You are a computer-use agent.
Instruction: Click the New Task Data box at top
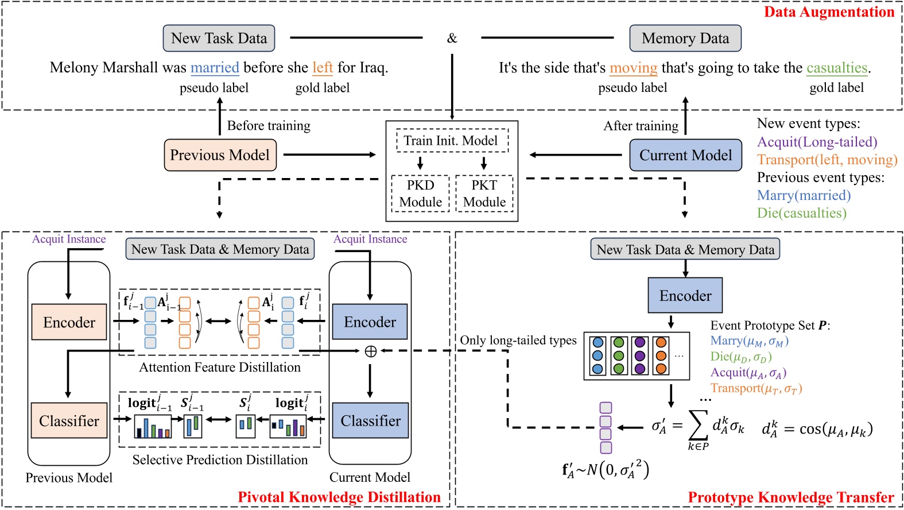coord(219,38)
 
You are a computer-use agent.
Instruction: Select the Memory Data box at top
coord(685,38)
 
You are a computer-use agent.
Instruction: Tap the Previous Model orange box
coord(220,155)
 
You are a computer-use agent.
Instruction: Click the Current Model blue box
coord(685,155)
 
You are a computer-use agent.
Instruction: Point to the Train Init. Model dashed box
coord(452,141)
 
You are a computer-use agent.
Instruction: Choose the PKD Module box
coord(420,194)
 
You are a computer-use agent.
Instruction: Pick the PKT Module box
coord(484,194)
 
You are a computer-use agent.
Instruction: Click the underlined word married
coord(214,68)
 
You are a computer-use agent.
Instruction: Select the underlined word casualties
coord(836,68)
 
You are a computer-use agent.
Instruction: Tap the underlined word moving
coord(633,68)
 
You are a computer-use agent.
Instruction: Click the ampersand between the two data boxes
coord(452,38)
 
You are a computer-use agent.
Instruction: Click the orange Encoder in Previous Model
coord(69,322)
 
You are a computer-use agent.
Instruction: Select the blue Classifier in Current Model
coord(370,421)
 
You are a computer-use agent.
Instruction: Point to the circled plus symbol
coord(371,351)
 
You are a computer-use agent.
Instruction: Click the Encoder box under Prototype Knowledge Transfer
coord(685,296)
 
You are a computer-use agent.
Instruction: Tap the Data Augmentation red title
coord(829,12)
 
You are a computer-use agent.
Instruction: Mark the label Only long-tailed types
coord(518,340)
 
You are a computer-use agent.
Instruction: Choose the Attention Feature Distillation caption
coord(220,368)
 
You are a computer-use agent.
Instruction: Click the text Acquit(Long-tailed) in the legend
coord(817,142)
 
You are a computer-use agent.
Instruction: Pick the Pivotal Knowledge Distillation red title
coord(339,497)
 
